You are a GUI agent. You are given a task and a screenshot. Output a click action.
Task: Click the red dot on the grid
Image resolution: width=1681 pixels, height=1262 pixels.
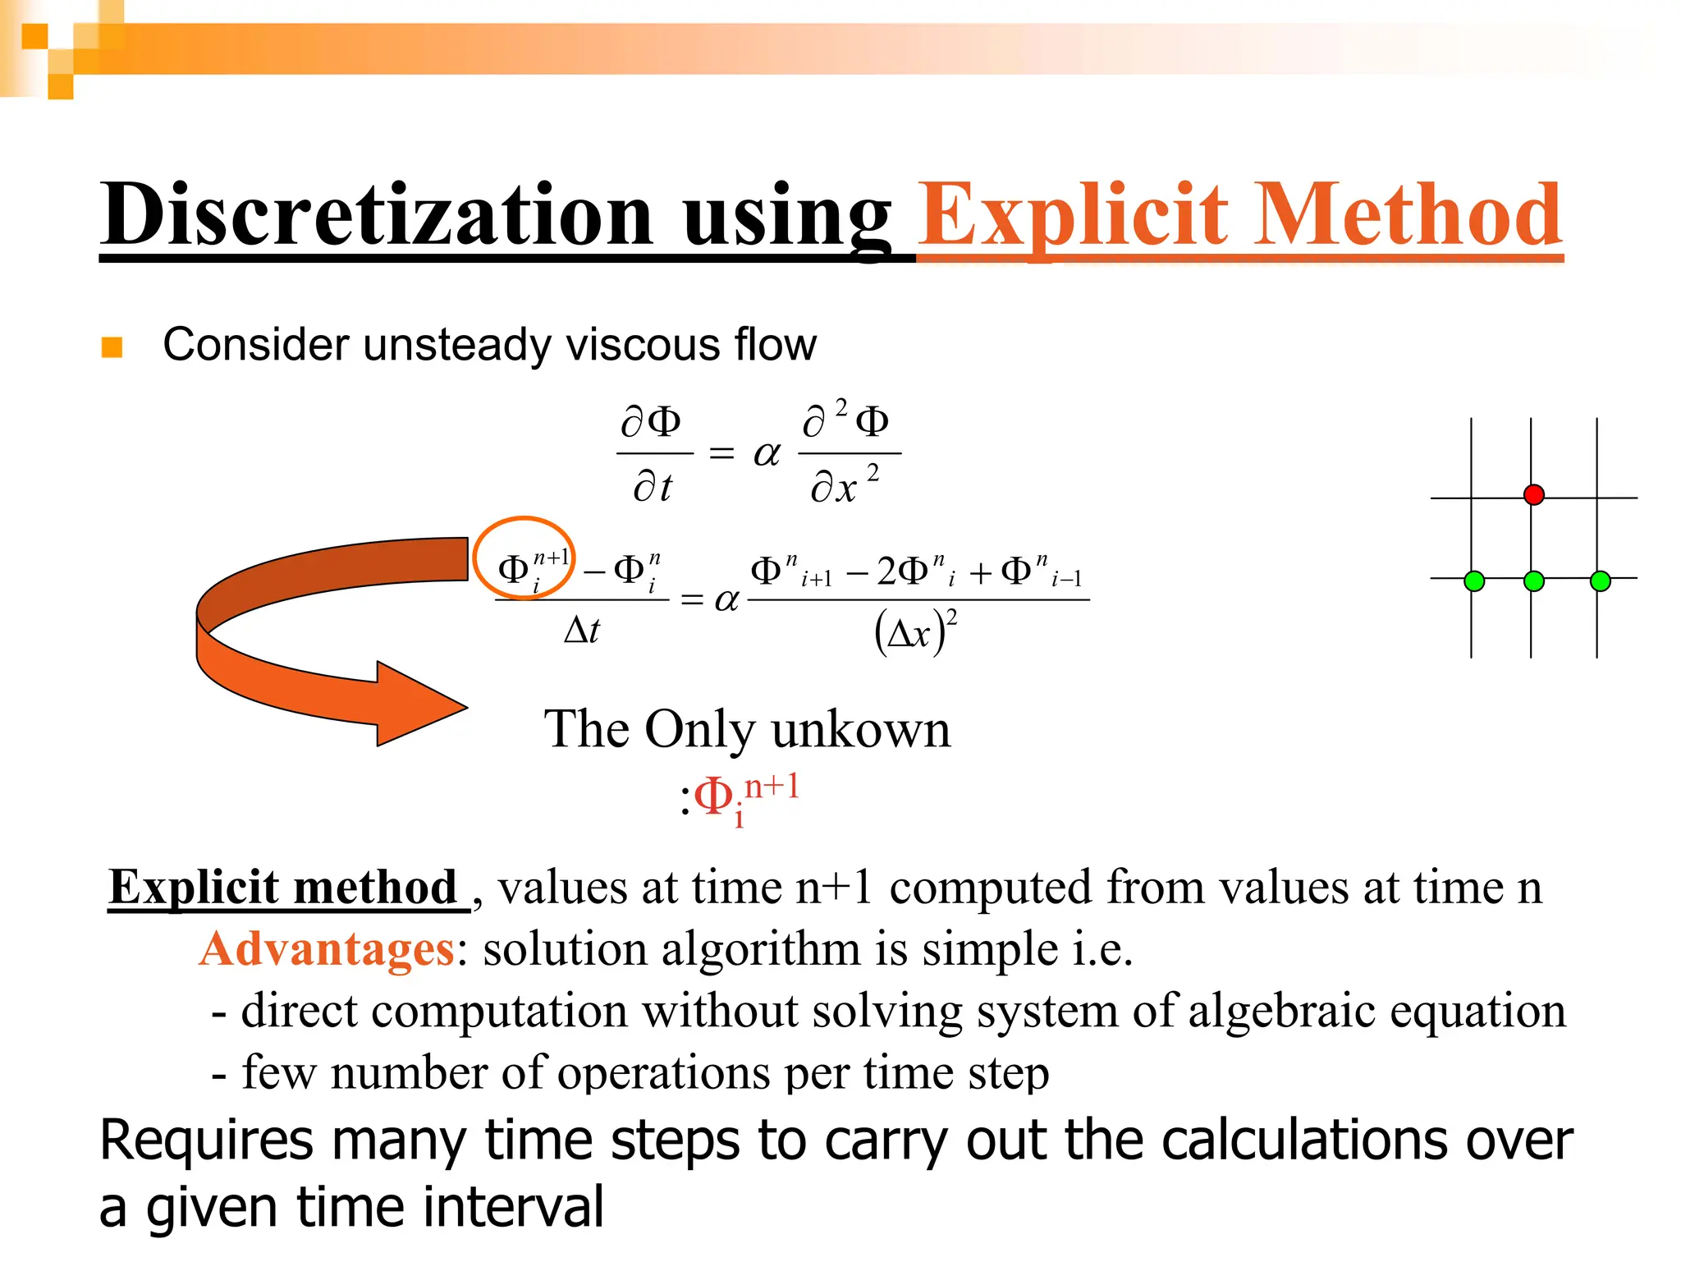[1533, 494]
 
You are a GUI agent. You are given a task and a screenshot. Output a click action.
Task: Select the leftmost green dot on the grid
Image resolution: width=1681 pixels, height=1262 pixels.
[1474, 581]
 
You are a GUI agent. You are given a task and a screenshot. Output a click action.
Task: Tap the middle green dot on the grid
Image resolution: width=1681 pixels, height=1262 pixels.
[1533, 581]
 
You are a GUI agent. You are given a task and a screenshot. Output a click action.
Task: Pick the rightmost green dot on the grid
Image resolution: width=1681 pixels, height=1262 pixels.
[1600, 581]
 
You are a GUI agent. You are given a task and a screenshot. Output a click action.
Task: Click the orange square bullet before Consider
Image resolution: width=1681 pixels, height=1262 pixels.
[112, 347]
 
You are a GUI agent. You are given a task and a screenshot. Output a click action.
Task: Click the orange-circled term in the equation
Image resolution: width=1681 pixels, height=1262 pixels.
[524, 559]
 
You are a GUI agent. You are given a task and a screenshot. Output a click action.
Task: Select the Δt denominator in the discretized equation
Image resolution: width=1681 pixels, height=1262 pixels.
[582, 631]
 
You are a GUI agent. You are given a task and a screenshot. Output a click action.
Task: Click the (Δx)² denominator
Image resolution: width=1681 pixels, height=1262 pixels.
[915, 632]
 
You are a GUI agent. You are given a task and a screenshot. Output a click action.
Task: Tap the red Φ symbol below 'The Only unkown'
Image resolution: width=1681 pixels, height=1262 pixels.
[713, 795]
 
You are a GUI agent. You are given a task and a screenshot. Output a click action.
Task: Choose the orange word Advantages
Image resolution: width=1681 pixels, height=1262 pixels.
[327, 949]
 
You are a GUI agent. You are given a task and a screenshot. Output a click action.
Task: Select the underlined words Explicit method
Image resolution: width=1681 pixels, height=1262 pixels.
[283, 888]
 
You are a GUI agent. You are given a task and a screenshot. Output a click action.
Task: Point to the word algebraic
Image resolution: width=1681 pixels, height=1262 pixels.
[1280, 1011]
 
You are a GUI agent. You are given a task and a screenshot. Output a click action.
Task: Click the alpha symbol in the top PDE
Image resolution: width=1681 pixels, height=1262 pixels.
[767, 453]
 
